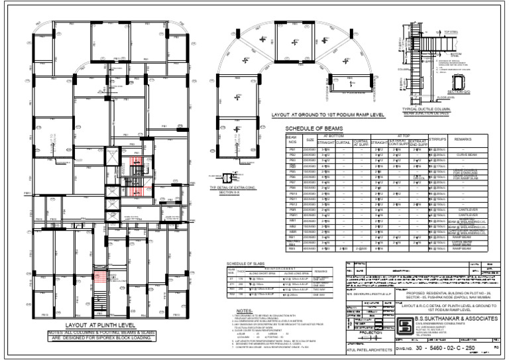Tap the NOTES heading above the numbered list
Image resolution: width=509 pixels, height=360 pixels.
pos(244,310)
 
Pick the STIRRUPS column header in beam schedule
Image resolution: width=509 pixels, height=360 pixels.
pos(438,140)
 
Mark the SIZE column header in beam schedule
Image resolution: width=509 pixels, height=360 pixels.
pos(310,140)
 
